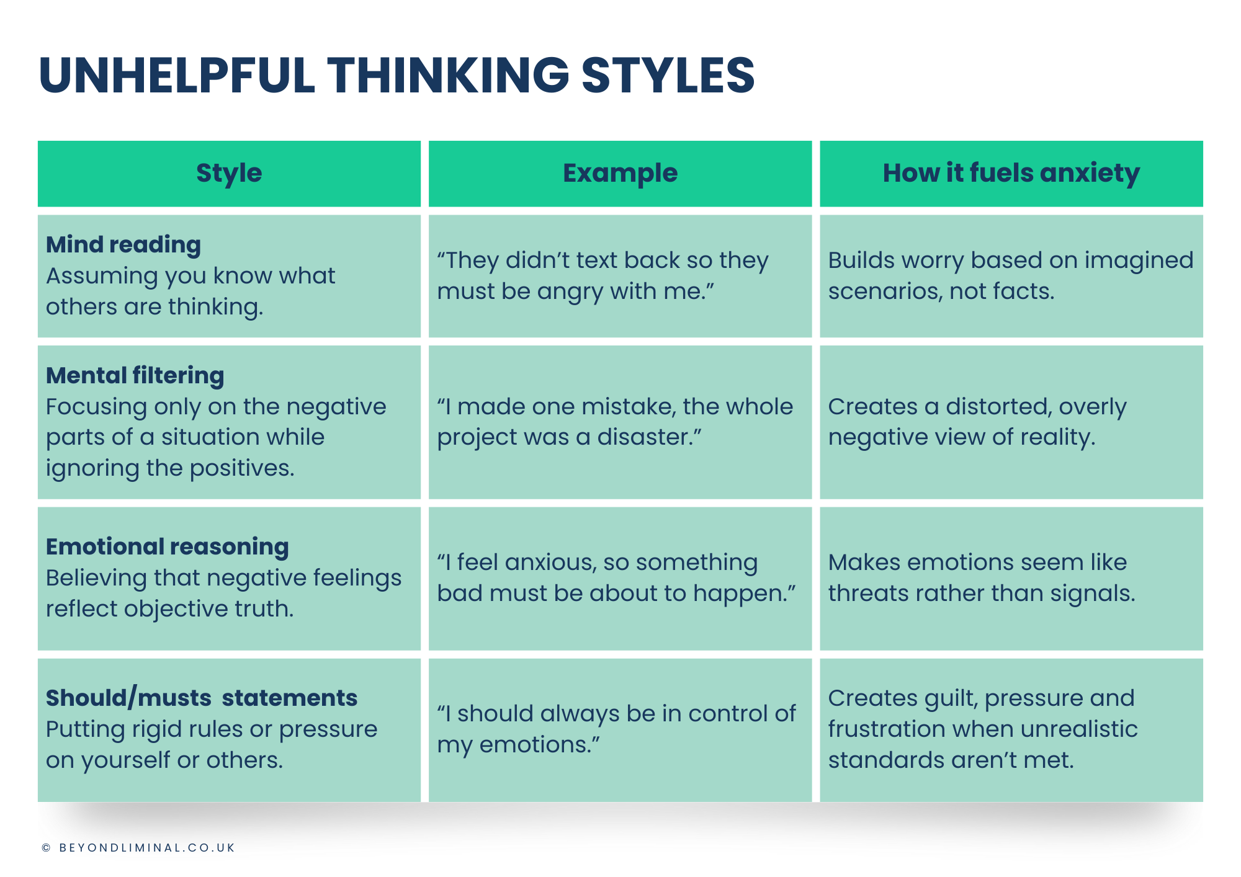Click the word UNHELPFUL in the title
click(x=177, y=75)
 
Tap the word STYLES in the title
click(x=668, y=75)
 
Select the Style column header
click(x=229, y=173)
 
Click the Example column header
click(x=620, y=173)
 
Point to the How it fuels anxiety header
click(x=1011, y=173)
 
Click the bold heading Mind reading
click(x=123, y=245)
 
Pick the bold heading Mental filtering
click(x=135, y=376)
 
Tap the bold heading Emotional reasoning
click(x=168, y=547)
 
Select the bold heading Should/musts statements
click(x=202, y=698)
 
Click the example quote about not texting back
click(x=603, y=276)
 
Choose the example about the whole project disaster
click(x=615, y=422)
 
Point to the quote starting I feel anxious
click(x=616, y=577)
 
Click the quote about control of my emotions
click(x=616, y=729)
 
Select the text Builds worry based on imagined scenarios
click(x=1011, y=276)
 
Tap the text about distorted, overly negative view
click(x=977, y=422)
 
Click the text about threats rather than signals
click(x=982, y=577)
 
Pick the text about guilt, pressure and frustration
click(x=983, y=729)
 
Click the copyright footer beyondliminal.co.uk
click(x=138, y=848)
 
